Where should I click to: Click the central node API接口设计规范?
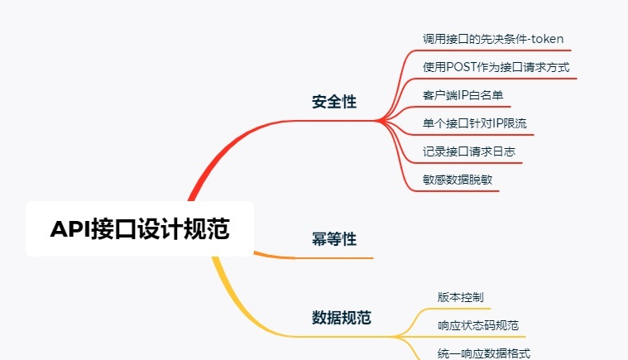[x=139, y=229]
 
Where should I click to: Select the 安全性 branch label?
[x=334, y=102]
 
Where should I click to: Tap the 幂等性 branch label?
[x=334, y=239]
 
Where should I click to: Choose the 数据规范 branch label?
[x=341, y=317]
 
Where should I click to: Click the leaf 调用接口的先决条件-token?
[x=493, y=39]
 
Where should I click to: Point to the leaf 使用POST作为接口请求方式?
[x=496, y=67]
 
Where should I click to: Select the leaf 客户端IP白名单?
[x=463, y=95]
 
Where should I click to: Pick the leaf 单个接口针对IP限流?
[x=474, y=123]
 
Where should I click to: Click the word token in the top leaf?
[x=548, y=39]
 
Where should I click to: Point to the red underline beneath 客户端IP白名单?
[x=463, y=107]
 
